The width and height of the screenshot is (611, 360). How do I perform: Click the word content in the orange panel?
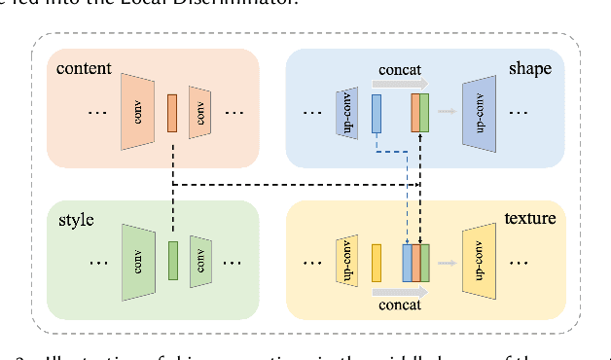tap(84, 69)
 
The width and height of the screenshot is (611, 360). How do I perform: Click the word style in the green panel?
tap(76, 220)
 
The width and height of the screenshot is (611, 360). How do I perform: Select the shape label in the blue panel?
tap(530, 69)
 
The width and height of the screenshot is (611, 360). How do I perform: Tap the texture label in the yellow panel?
tap(529, 218)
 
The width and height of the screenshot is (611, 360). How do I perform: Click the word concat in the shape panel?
tap(399, 70)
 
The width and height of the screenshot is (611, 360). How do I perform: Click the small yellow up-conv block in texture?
tap(347, 261)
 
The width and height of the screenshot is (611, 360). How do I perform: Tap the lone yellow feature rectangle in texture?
tap(377, 262)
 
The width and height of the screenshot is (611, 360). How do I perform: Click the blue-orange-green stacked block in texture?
tap(416, 262)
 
